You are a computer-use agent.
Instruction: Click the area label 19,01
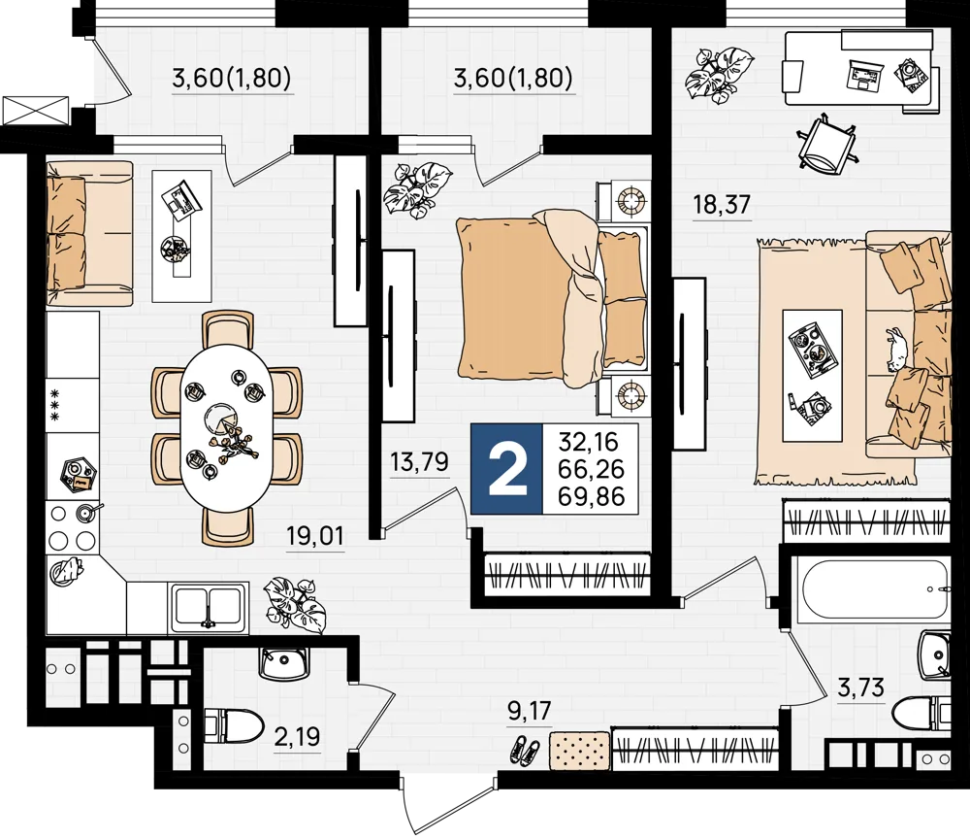(314, 535)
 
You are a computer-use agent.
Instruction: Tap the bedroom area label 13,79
(419, 461)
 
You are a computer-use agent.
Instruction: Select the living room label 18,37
(722, 204)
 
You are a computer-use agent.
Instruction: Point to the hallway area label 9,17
(529, 710)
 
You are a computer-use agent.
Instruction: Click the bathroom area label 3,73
(860, 688)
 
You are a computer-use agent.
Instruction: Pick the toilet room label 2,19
(297, 737)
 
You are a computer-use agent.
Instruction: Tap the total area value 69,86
(591, 496)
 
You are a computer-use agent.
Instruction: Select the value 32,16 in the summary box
(589, 442)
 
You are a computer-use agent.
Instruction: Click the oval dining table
(225, 428)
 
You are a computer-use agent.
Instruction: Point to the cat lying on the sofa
(897, 349)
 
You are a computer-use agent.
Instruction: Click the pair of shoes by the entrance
(525, 750)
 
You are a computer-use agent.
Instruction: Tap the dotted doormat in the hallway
(580, 750)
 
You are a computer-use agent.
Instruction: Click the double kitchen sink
(209, 607)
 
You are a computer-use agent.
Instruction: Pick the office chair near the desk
(826, 145)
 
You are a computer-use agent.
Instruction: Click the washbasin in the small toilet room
(282, 663)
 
